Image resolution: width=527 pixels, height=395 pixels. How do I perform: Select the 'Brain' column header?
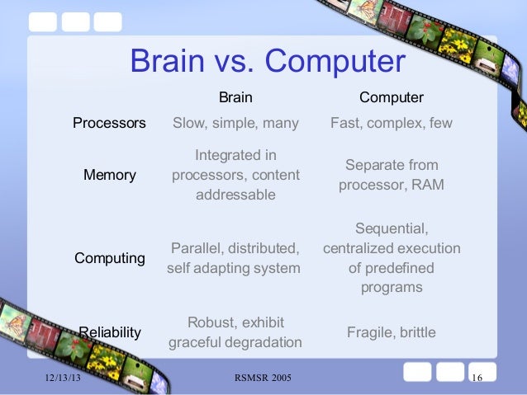235,97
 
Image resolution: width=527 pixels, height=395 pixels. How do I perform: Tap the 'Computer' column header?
391,97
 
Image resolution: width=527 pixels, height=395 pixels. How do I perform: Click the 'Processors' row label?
109,124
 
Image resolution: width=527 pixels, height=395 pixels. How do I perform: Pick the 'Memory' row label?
109,176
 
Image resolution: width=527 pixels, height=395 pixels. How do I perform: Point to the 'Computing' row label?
110,258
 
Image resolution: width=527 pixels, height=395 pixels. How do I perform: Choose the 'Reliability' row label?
110,332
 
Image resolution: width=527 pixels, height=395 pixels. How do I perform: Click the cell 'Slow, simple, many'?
235,124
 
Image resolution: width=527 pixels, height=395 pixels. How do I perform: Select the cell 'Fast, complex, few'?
391,124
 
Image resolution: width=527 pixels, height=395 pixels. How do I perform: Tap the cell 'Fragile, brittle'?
391,332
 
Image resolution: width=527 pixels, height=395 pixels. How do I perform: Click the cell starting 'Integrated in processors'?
235,175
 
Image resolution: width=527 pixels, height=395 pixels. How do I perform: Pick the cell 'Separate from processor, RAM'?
391,175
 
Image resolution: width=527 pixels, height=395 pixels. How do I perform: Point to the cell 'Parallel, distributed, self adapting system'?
235,257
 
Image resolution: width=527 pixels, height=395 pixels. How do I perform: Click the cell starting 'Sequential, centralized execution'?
391,257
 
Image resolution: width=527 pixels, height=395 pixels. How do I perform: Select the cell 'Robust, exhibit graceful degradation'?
235,332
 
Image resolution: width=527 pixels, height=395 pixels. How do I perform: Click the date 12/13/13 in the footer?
63,378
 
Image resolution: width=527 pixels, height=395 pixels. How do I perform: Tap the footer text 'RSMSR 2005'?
263,378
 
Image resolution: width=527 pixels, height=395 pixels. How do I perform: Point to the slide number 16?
476,378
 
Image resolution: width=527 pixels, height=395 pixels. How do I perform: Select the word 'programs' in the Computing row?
391,288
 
